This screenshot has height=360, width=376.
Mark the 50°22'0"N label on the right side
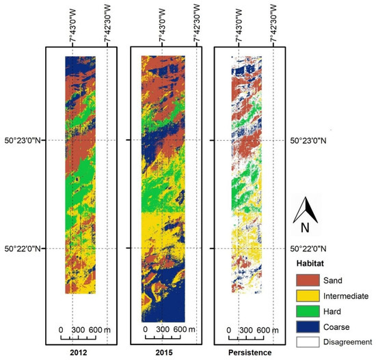[313, 249]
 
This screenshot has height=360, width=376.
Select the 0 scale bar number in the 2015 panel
[145, 329]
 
